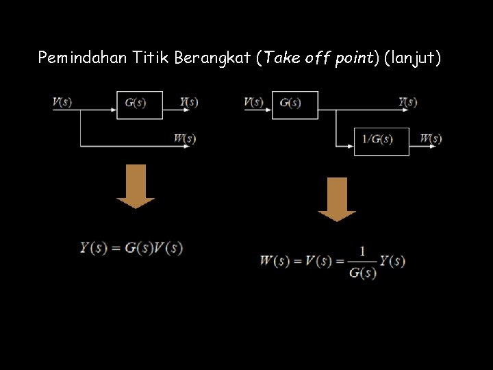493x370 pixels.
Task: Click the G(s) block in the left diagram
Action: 139,103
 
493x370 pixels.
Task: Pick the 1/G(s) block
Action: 381,140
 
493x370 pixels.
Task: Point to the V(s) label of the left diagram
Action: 62,102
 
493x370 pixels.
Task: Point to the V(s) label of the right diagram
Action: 253,102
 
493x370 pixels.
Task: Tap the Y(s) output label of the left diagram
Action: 189,102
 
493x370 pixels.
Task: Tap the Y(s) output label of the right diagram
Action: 408,102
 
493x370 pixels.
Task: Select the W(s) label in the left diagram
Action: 185,138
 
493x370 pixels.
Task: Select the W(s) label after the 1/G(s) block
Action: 431,139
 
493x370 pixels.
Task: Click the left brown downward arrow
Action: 136,186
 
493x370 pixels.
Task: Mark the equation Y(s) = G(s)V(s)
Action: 131,247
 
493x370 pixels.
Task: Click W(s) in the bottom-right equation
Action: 275,261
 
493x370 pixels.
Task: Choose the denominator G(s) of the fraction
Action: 362,273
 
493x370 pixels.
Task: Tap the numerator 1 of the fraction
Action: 362,251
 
